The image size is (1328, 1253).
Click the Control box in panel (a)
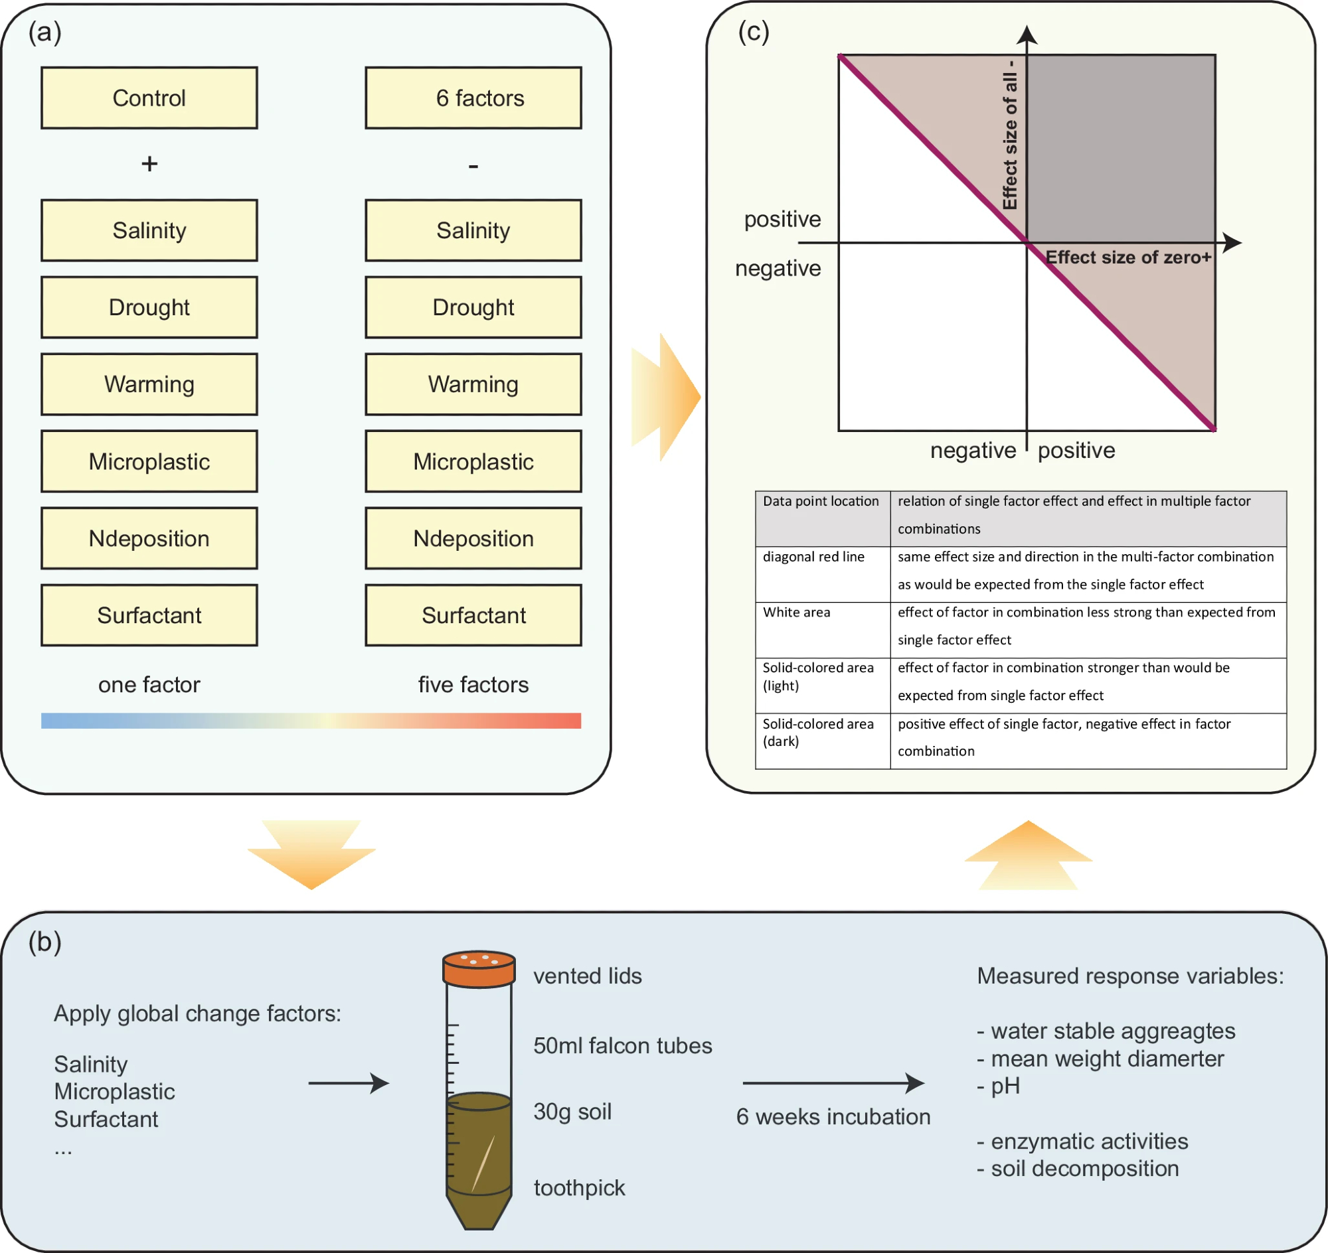tap(149, 98)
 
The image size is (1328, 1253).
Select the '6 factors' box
tap(473, 98)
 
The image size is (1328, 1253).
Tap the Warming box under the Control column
tap(149, 385)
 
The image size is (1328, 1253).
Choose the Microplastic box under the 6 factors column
tap(473, 461)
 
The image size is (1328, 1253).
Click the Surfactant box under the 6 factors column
tap(473, 615)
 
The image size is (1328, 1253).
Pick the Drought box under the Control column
tap(149, 308)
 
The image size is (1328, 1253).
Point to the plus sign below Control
tap(149, 164)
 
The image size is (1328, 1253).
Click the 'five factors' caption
tap(473, 685)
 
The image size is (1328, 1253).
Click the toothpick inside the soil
tap(483, 1163)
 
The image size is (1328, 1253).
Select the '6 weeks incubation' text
tap(833, 1117)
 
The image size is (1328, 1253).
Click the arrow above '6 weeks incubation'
tap(833, 1082)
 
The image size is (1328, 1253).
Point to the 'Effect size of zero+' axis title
tap(1127, 258)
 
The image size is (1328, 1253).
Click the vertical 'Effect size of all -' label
tap(1009, 133)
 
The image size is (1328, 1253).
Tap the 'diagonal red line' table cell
tap(813, 557)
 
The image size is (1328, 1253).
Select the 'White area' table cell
tap(796, 613)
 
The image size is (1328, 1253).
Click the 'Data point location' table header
tap(821, 502)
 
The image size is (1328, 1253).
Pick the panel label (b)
tap(44, 942)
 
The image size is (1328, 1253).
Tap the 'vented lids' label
tap(588, 976)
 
